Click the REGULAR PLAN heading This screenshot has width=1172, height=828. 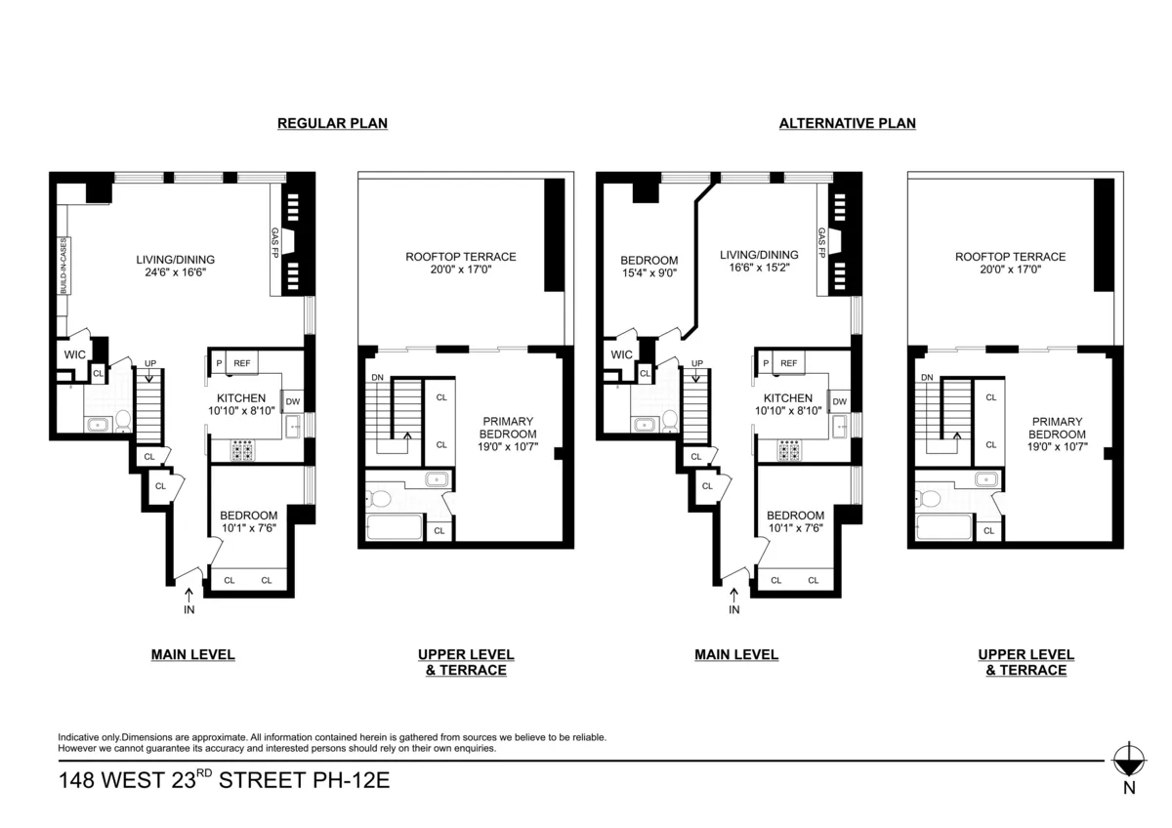point(332,123)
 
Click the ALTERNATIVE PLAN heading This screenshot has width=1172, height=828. point(847,123)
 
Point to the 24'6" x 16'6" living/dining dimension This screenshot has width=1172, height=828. point(175,273)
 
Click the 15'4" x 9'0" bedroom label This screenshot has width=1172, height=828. point(649,273)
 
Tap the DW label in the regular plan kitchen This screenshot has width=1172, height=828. point(293,401)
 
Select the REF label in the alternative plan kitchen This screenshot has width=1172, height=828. point(788,363)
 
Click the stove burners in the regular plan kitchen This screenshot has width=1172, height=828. point(241,450)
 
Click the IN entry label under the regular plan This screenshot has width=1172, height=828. point(188,610)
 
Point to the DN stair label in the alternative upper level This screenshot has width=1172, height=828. point(927,377)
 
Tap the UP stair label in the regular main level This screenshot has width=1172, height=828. point(150,363)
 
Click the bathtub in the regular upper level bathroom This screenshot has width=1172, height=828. point(395,527)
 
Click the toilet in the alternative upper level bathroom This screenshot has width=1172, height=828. point(930,499)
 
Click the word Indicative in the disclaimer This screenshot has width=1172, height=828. point(79,737)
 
